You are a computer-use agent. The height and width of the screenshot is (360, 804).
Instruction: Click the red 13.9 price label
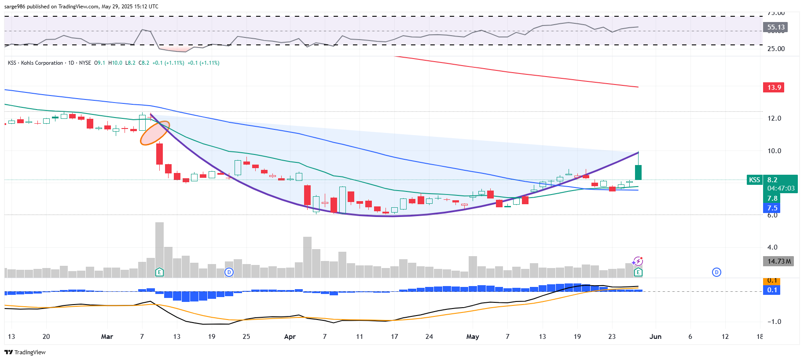pos(773,88)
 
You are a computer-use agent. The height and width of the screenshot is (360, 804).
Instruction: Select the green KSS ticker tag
pos(754,180)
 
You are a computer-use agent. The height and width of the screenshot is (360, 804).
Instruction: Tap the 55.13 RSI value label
pos(775,27)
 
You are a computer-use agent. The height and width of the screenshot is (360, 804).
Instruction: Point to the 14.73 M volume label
pos(778,261)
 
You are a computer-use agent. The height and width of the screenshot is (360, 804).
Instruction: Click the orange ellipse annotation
pos(154,133)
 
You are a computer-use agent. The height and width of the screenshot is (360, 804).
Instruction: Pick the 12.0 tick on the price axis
pos(774,118)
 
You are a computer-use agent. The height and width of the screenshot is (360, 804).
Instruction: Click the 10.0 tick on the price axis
pos(774,151)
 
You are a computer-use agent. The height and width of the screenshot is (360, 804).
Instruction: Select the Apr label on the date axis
pos(290,337)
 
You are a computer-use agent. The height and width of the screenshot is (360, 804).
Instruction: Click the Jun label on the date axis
pos(655,337)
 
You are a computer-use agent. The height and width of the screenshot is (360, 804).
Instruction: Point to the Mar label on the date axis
pos(107,337)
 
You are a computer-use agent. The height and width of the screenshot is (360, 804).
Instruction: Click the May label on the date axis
pos(472,337)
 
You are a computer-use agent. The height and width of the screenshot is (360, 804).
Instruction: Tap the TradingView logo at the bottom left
pos(25,352)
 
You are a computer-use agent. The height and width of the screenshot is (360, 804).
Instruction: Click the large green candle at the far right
pos(638,172)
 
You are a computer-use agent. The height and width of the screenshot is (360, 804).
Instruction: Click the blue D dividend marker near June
pos(716,272)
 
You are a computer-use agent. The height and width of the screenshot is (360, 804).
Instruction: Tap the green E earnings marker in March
pos(159,272)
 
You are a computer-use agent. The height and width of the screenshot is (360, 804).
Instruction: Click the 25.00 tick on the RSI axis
pos(776,49)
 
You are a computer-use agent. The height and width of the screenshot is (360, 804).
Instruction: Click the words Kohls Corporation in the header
pos(42,63)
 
